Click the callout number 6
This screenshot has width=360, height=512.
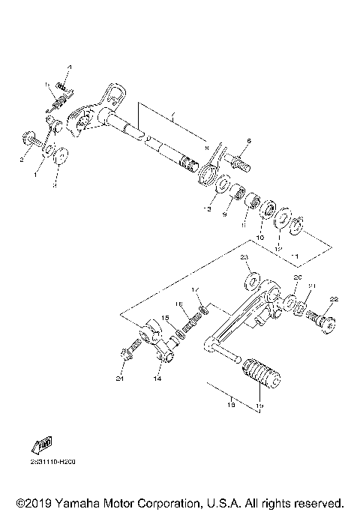(249, 140)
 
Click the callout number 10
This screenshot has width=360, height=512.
(260, 237)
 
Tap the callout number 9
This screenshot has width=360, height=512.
(223, 214)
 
